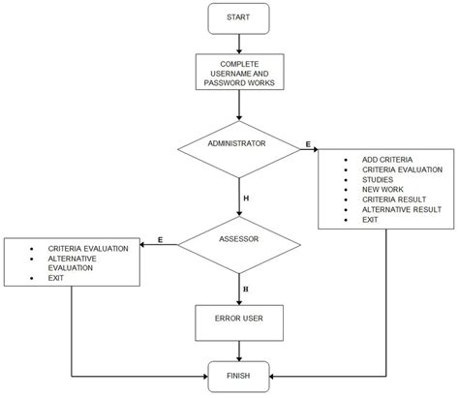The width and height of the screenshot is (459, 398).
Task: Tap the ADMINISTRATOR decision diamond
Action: [x=237, y=144]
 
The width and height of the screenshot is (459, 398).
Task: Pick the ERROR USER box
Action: [x=237, y=316]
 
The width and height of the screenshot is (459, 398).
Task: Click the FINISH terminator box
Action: [x=237, y=375]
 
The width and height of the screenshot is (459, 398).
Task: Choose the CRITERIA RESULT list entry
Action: [x=393, y=199]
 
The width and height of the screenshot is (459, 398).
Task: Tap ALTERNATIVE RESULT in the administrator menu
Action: [x=401, y=209]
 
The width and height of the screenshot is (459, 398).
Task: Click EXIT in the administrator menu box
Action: [x=370, y=220]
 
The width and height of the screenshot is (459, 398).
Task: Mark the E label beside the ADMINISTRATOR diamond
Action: [x=308, y=144]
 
